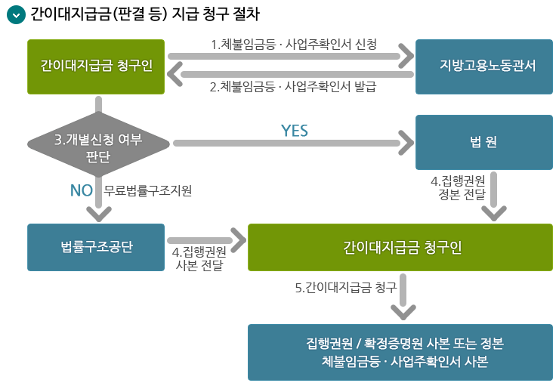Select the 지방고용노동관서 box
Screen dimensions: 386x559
coord(483,66)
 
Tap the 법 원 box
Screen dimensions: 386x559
coord(483,142)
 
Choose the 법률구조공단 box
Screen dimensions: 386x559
coord(96,247)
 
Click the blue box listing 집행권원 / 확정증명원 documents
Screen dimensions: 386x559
coord(400,352)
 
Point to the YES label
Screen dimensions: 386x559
coord(295,131)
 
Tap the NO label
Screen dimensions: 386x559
coord(81,190)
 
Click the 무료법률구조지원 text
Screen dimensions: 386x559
coord(148,191)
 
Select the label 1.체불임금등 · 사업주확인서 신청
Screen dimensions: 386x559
coord(293,43)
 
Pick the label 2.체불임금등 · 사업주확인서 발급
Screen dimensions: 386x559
coord(293,86)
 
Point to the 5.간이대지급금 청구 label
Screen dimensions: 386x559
coord(345,287)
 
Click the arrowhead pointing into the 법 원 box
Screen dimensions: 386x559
coord(406,142)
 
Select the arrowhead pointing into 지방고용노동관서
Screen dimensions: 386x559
coord(406,56)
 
